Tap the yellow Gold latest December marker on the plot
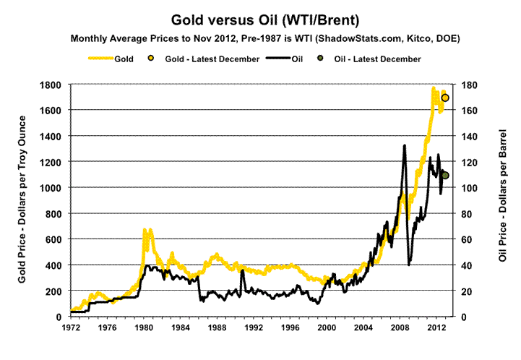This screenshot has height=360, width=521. tap(446, 98)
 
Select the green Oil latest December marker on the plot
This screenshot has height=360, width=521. tap(446, 175)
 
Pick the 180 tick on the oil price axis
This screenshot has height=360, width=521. tap(468, 85)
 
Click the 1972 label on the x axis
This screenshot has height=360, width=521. tap(71, 327)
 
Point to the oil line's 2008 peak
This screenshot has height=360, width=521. tap(404, 146)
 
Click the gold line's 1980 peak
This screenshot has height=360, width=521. tap(145, 230)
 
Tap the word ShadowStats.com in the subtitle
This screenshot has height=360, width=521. tap(327, 37)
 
